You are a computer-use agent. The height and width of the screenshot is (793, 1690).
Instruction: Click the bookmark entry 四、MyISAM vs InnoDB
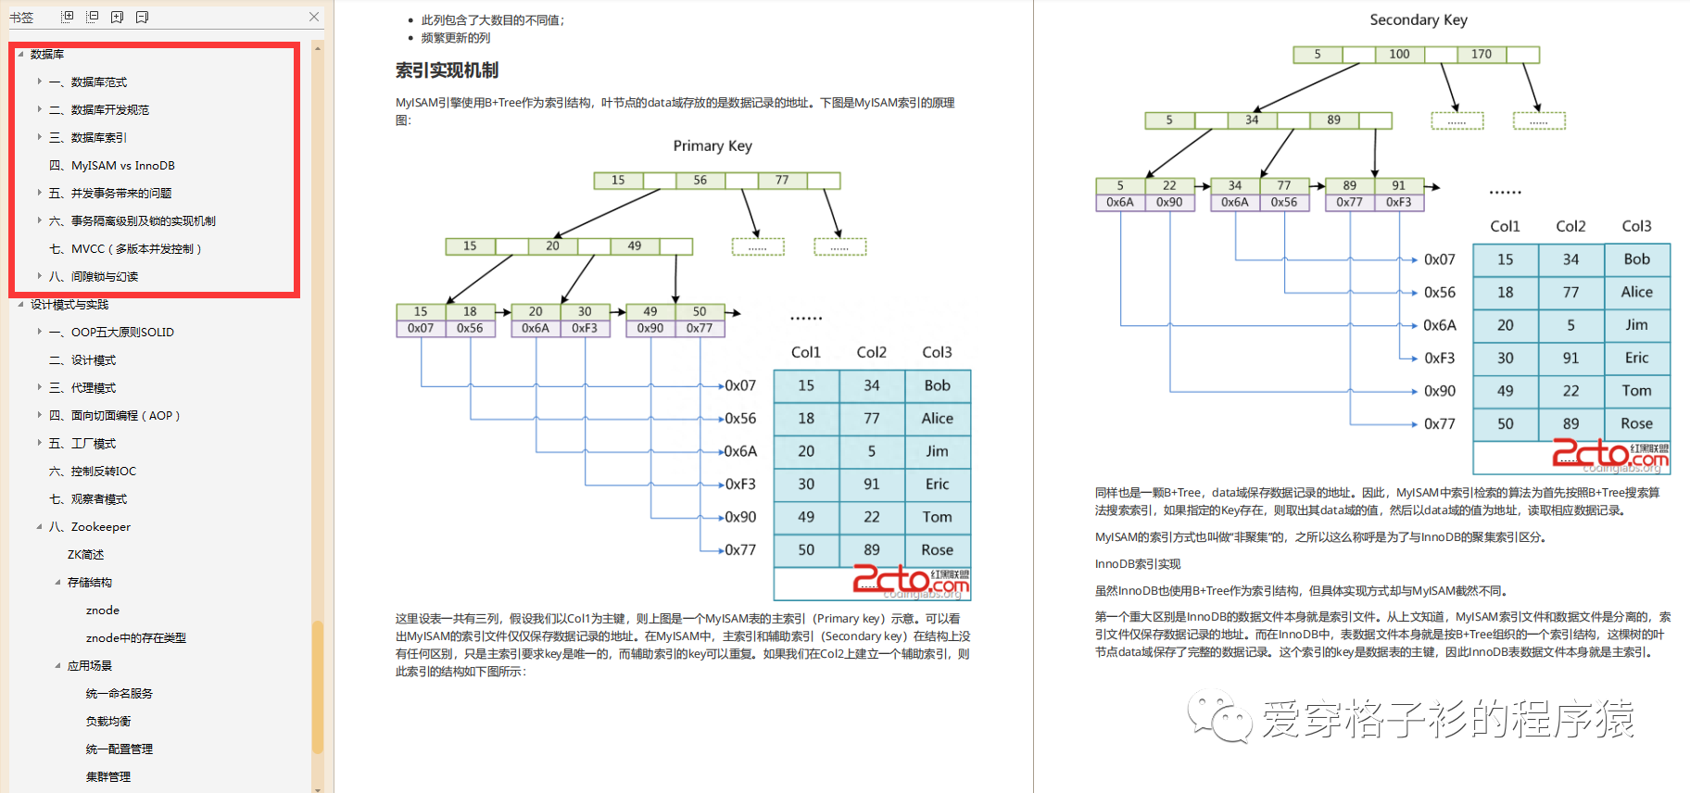coord(122,166)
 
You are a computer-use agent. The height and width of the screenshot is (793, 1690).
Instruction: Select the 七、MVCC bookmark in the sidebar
coord(135,249)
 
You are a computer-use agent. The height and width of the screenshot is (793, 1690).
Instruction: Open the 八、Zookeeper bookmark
coord(100,527)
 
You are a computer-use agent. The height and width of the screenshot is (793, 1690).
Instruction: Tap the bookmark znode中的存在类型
coord(135,638)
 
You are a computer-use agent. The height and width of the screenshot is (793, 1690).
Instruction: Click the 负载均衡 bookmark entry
coord(108,722)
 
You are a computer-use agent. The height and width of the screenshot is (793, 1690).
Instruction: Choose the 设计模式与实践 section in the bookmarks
coord(69,305)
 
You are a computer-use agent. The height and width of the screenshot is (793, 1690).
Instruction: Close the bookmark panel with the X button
coord(314,17)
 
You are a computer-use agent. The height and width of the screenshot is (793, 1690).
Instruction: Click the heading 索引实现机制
coord(447,70)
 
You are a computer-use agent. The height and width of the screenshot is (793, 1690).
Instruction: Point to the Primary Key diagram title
coord(713,145)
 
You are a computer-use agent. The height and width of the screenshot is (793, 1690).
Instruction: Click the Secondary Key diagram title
coord(1419,19)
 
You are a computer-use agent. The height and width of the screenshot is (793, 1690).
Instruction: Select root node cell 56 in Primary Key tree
coord(700,181)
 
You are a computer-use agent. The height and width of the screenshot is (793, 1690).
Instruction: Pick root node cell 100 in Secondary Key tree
coord(1399,55)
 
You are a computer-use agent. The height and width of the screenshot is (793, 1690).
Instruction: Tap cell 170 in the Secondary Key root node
coord(1482,55)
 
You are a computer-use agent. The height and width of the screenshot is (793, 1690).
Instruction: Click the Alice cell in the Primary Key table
coord(937,419)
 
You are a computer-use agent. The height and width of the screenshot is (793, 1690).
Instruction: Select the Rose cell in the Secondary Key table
coord(1636,423)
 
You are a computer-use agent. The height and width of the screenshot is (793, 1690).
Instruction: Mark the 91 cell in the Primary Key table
coord(871,485)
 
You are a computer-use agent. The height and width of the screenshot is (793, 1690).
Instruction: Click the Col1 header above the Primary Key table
coord(806,352)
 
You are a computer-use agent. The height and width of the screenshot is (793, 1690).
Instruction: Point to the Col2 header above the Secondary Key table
coord(1570,226)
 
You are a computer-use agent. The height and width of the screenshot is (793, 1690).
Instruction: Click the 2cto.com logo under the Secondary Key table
coord(1609,454)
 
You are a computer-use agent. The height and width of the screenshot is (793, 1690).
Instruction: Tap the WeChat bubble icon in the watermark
coord(1218,717)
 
